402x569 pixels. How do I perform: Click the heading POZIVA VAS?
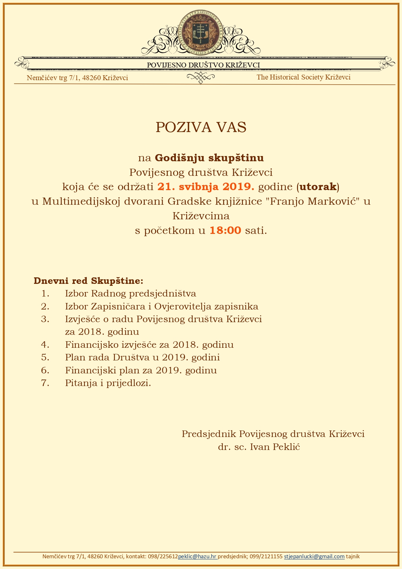201,127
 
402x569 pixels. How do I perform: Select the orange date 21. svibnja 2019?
206,187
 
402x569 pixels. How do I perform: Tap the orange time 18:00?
225,231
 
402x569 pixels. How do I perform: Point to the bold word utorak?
317,187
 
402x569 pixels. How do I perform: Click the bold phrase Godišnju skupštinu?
209,158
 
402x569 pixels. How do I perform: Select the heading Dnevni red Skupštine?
88,281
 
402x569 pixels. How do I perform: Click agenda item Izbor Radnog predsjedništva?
131,294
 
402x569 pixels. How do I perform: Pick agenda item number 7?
45,383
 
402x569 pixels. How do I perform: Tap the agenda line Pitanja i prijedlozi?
108,383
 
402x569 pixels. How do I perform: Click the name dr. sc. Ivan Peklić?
259,447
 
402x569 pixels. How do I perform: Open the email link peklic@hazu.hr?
197,556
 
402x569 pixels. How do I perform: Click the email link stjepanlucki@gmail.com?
314,556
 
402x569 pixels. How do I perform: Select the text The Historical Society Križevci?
304,77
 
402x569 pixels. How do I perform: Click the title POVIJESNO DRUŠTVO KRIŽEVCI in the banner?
203,65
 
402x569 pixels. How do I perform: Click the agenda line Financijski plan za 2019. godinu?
141,370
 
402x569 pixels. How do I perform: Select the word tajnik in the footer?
353,556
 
